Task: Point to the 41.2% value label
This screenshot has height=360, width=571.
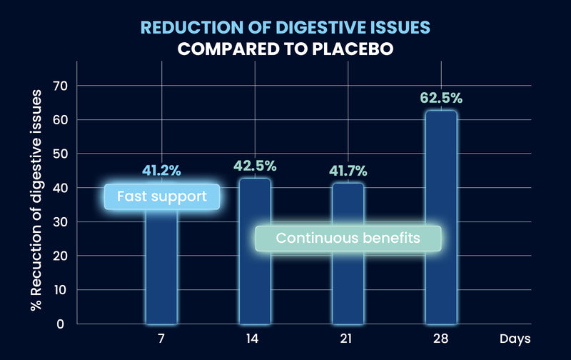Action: click(161, 171)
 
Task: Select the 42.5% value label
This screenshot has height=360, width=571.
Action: click(255, 166)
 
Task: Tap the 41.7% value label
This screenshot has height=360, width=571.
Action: click(348, 171)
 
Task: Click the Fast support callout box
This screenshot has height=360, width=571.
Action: click(162, 196)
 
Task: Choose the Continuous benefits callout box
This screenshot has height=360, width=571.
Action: click(348, 238)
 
